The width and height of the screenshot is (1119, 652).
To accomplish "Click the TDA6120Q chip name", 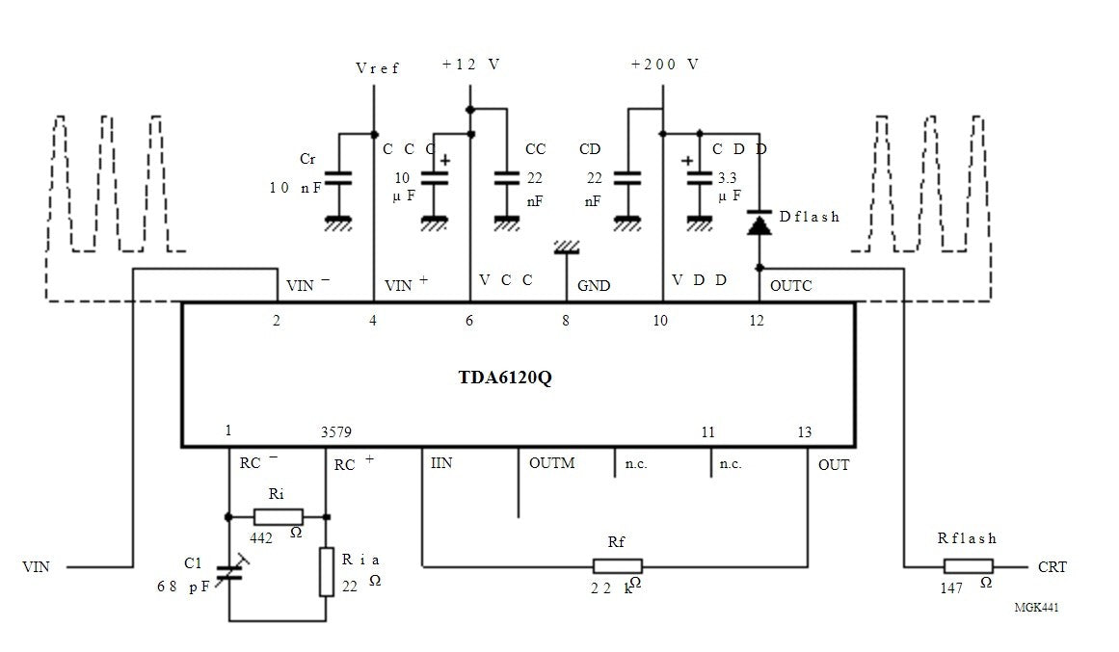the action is tap(504, 377).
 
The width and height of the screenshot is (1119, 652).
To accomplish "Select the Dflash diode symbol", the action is tap(759, 223).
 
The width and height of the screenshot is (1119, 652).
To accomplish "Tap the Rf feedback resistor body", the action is tap(617, 566).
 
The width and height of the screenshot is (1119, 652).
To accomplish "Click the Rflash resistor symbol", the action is tap(968, 567).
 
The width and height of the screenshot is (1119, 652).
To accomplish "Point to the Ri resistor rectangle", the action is tap(278, 516).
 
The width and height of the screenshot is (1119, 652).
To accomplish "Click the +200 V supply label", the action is tap(664, 65).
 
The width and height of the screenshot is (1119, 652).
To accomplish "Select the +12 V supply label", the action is tap(470, 65).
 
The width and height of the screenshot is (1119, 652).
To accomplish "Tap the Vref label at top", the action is tap(378, 68).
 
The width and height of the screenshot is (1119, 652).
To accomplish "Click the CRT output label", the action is tap(1052, 567).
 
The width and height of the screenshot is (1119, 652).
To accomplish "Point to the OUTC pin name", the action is tap(790, 285).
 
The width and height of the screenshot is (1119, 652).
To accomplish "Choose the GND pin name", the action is tap(594, 286).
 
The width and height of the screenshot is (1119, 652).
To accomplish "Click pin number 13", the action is tap(804, 432).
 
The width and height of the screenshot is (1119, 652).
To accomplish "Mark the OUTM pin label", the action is tap(551, 463).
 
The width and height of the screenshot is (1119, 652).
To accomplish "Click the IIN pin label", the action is tap(441, 463).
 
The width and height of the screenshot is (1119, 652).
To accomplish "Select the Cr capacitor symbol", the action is tap(338, 178).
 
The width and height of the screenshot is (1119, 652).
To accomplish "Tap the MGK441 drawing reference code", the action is tap(1037, 607).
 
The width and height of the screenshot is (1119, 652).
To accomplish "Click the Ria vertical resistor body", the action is tap(326, 571).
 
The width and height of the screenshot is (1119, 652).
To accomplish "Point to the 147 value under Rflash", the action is tap(951, 588).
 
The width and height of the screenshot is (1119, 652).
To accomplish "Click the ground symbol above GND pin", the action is tap(567, 248).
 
